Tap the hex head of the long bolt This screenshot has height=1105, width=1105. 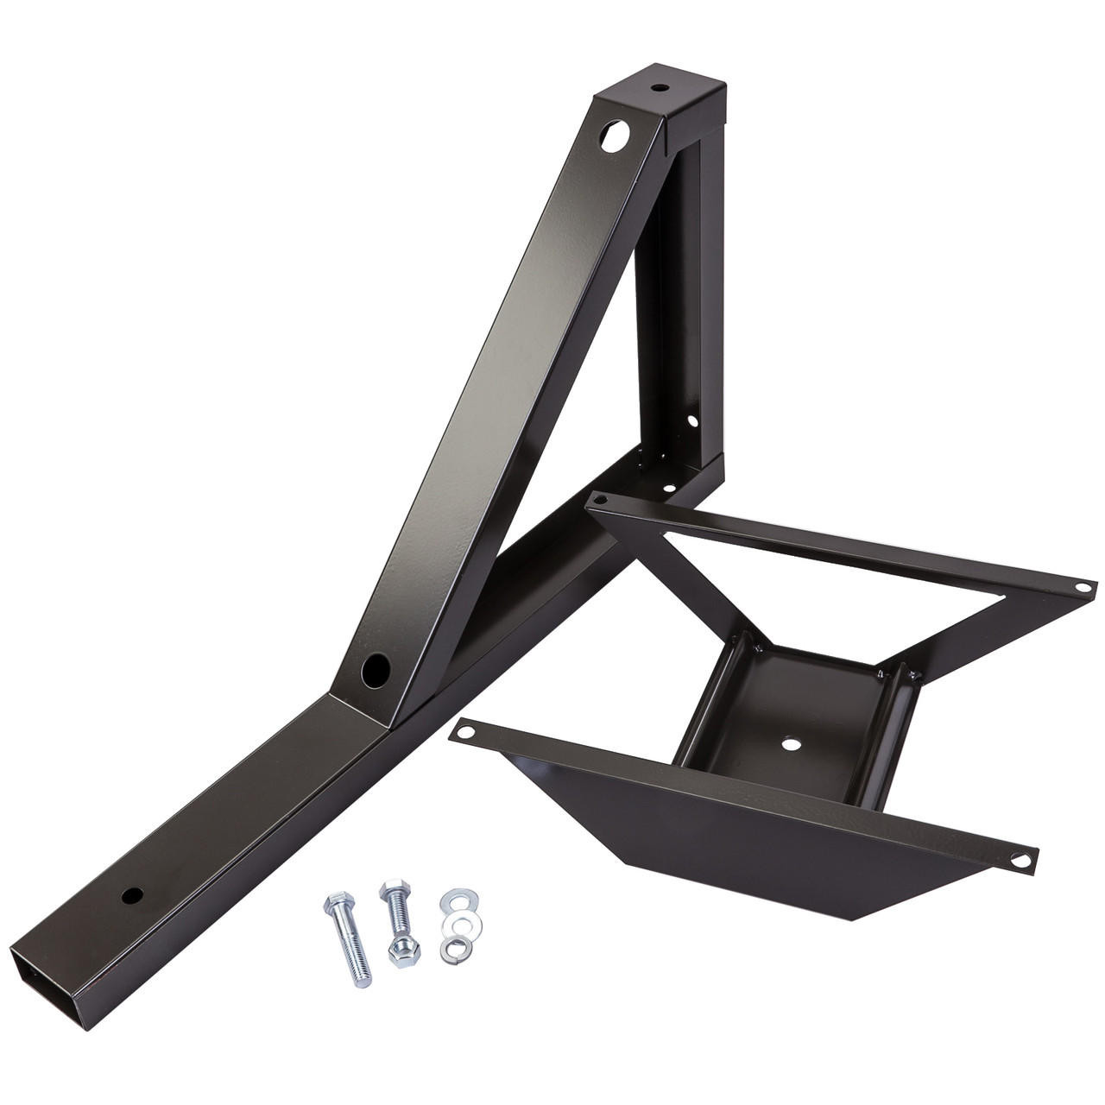click(334, 907)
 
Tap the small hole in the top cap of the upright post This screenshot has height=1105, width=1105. click(658, 88)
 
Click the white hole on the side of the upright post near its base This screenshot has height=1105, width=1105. click(691, 422)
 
